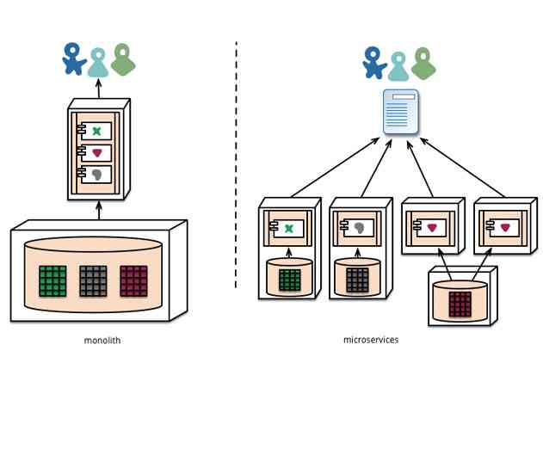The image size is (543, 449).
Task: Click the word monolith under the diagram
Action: pos(102,341)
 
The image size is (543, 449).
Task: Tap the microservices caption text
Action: pos(370,340)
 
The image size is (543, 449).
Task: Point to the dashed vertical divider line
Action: pos(236,163)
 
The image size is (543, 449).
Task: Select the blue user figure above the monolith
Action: pos(73,58)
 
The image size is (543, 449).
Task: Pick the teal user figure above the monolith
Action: pos(98,62)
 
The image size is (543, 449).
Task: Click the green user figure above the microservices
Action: pos(423,62)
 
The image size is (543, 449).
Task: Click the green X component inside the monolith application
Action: pos(97,132)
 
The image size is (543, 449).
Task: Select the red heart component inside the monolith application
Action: pos(97,153)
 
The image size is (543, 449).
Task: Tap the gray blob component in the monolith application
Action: pos(97,175)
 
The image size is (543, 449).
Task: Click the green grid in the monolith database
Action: pos(52,280)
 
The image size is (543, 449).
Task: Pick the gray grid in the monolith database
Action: pos(93,280)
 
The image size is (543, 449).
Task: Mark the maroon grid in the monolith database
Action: pos(133,280)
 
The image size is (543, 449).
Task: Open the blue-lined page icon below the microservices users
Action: pos(401,112)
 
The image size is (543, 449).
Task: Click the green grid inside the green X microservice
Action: pos(290,280)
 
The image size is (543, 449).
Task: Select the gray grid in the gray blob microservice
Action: pos(357,280)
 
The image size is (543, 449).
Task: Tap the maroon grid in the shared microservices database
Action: pos(460,304)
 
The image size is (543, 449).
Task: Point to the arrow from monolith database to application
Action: pos(99,211)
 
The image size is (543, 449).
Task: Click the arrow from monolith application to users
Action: pos(98,88)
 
